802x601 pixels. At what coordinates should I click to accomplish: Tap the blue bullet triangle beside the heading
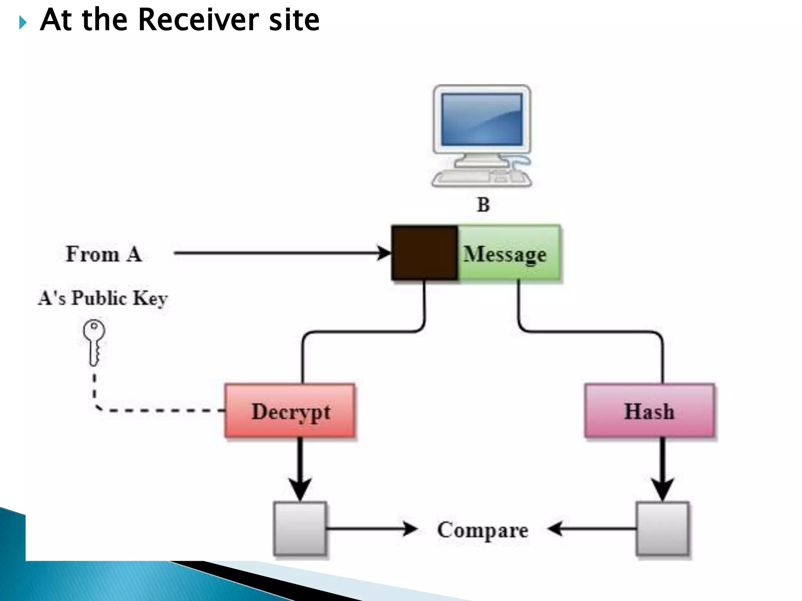click(x=23, y=23)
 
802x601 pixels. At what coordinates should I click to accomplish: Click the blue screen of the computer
click(x=482, y=120)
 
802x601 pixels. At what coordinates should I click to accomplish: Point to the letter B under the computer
click(x=483, y=205)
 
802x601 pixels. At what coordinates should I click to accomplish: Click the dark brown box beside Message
click(x=425, y=253)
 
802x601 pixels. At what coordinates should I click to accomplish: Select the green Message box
click(x=508, y=253)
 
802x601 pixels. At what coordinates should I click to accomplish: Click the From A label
click(x=103, y=254)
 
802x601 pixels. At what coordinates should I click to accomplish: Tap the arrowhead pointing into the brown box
click(x=384, y=253)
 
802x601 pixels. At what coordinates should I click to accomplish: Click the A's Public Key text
click(x=103, y=298)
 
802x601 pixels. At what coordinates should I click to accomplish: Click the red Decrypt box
click(x=290, y=411)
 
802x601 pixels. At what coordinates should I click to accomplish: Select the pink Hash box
click(x=649, y=411)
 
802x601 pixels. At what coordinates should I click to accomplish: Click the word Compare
click(x=482, y=530)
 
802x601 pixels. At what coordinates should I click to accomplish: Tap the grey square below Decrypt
click(x=300, y=528)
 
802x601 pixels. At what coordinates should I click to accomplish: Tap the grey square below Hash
click(x=662, y=528)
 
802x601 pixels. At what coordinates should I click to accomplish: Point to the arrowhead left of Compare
click(x=410, y=529)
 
